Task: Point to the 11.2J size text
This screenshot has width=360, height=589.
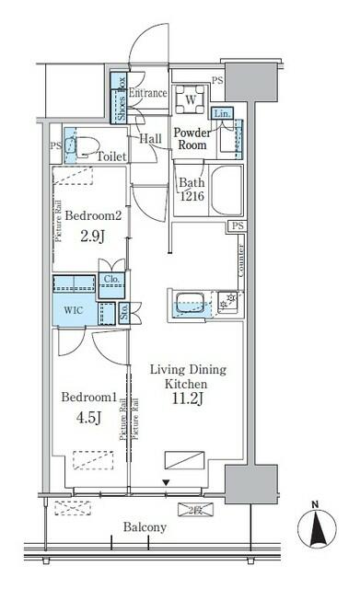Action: pos(186,399)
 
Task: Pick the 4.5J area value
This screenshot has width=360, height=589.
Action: pos(88,419)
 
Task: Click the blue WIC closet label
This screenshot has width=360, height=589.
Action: pos(72,309)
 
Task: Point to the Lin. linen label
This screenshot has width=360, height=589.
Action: pos(222,113)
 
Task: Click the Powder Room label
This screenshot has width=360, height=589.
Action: pos(194,139)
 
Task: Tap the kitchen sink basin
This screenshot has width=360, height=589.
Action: pos(189,301)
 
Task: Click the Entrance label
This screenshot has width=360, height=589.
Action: pos(148,93)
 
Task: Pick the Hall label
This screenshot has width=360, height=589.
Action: pos(152,138)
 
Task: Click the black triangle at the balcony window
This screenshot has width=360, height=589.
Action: pos(166,482)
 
